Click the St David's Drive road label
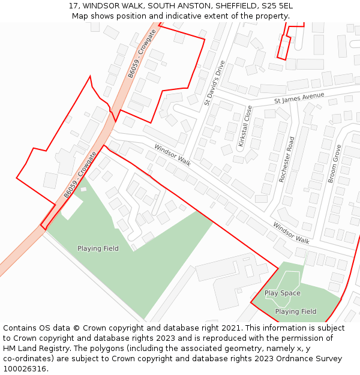click(214, 83)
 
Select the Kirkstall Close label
click(245, 126)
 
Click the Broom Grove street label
click(334, 163)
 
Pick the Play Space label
click(283, 293)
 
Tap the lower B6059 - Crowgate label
click(80, 175)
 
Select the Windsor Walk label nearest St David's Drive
click(172, 155)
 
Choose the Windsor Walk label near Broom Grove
click(291, 233)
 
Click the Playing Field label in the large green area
click(98, 248)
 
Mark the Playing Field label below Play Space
click(296, 311)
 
